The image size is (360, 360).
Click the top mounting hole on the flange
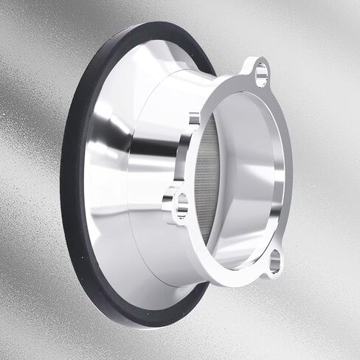click(x=260, y=72)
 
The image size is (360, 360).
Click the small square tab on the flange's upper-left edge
click(x=194, y=118)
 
